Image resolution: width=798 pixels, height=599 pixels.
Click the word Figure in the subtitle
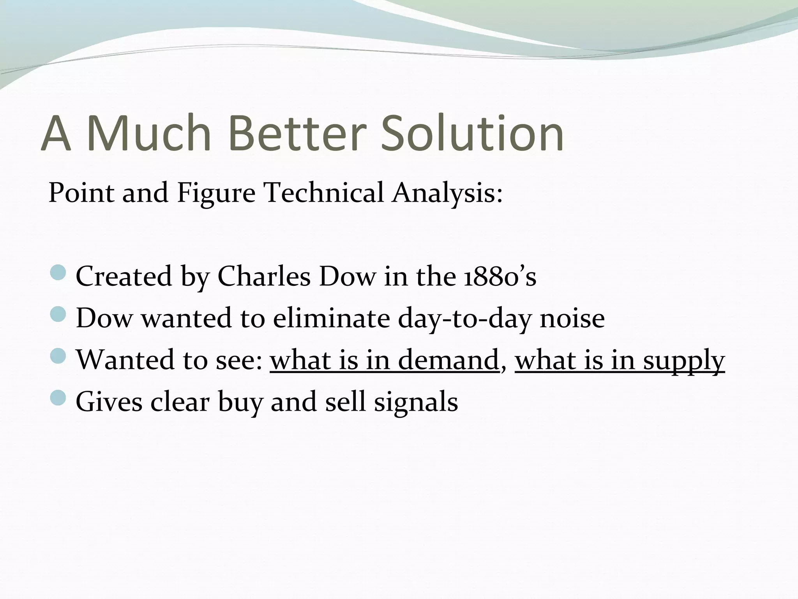[x=216, y=193]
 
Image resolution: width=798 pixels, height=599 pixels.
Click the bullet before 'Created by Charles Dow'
[x=59, y=272]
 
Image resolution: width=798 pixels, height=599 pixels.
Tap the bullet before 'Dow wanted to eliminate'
[x=59, y=314]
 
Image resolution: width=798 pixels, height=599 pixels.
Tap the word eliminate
[x=331, y=318]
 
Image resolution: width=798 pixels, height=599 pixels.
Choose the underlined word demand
[x=448, y=360]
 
